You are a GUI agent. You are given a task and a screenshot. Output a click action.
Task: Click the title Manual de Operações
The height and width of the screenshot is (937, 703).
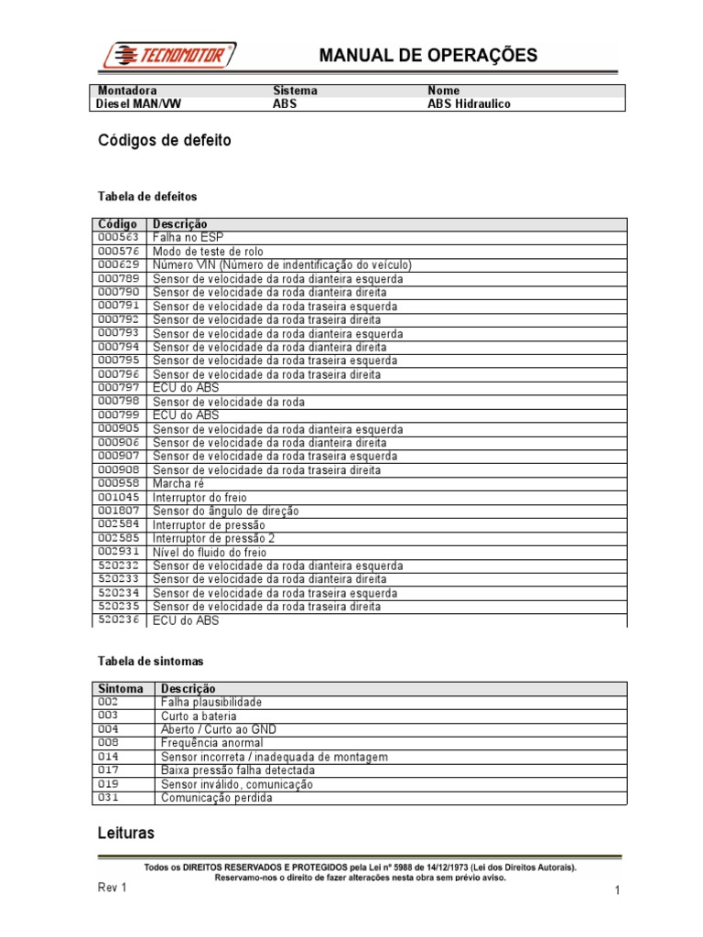(x=427, y=56)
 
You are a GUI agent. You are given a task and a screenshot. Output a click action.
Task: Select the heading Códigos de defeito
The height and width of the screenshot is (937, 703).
(x=165, y=141)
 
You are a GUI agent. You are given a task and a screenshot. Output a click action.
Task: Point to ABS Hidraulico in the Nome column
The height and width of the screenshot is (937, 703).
(x=469, y=104)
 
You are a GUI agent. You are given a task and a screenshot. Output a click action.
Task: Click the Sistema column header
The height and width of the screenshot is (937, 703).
(x=296, y=92)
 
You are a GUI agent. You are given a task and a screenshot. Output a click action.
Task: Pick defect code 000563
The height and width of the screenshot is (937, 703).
(x=118, y=237)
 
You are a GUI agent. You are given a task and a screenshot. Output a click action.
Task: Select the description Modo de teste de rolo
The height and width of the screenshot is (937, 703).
(x=210, y=252)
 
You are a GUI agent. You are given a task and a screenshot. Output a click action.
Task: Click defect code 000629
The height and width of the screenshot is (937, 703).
(x=118, y=264)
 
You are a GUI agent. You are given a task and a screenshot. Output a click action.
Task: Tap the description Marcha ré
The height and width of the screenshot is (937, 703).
(x=178, y=483)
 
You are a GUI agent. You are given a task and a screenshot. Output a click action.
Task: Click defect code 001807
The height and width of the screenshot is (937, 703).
(x=118, y=511)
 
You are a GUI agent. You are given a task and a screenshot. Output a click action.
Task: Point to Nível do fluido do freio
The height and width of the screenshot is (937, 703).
(x=210, y=552)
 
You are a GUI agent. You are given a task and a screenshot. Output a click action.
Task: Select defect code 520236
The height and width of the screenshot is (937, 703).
(x=118, y=620)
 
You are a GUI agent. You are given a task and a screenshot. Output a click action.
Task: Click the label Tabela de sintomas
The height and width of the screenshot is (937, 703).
(x=150, y=660)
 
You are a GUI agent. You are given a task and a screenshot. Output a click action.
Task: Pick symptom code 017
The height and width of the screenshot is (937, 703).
(x=108, y=770)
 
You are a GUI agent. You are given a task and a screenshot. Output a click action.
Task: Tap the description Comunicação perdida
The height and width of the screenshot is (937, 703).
(x=216, y=798)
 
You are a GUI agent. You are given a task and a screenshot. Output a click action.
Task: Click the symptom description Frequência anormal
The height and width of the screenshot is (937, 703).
(x=212, y=743)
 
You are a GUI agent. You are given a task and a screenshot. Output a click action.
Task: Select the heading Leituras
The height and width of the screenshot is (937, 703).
(x=126, y=834)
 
